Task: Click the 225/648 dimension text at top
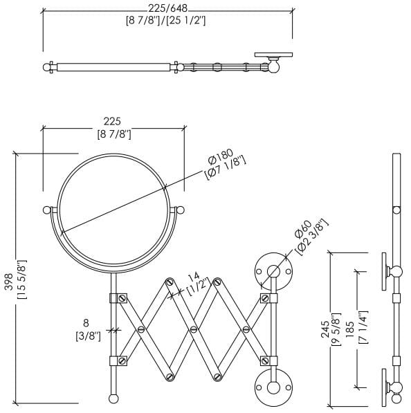[x=167, y=8]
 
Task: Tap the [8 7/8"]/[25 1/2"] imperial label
[x=166, y=21]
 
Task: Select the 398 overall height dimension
[x=10, y=282]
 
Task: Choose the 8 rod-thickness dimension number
[x=86, y=323]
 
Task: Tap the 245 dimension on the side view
[x=325, y=329]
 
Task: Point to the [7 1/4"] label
[x=363, y=328]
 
